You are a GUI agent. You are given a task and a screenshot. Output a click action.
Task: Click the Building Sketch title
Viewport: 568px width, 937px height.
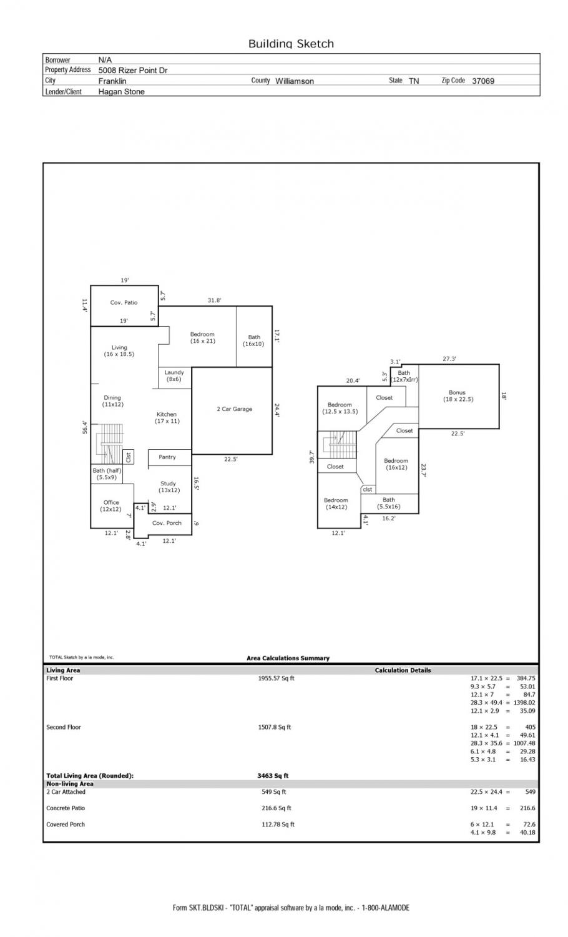pos(291,44)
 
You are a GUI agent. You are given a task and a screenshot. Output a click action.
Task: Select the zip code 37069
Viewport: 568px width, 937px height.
pos(482,81)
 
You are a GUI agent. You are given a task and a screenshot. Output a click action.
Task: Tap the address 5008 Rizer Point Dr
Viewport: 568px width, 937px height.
pos(133,70)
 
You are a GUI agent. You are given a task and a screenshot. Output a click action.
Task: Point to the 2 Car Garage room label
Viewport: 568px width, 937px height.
pos(234,409)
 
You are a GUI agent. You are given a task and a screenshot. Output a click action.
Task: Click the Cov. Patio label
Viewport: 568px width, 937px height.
pos(124,302)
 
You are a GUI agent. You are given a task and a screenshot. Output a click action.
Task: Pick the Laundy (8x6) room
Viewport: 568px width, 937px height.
pos(174,375)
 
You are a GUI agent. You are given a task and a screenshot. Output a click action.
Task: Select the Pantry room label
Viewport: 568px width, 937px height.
pos(167,457)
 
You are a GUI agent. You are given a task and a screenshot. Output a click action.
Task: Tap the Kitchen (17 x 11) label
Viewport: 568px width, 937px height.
pos(167,417)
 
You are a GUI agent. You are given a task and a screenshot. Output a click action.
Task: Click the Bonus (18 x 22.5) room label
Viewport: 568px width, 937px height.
pos(458,395)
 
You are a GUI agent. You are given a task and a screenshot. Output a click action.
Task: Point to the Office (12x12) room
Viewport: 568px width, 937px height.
pos(110,506)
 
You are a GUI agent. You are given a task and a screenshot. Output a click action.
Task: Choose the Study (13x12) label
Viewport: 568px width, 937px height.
pos(169,487)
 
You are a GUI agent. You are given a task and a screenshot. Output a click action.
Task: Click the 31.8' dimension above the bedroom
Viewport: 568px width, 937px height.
pos(215,300)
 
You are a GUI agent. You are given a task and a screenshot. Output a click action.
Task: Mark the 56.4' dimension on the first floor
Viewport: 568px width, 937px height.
pos(85,427)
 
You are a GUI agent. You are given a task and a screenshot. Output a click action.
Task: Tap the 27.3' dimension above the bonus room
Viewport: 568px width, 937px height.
pos(449,359)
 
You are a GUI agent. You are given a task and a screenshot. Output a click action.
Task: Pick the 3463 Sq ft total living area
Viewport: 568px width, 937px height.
pos(273,776)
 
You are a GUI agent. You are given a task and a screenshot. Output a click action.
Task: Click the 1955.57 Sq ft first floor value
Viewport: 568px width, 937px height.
pos(276,678)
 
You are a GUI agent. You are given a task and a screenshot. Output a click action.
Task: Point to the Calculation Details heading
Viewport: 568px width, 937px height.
pos(403,670)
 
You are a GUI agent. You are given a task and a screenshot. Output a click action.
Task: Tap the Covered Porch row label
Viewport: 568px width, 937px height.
pos(66,824)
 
